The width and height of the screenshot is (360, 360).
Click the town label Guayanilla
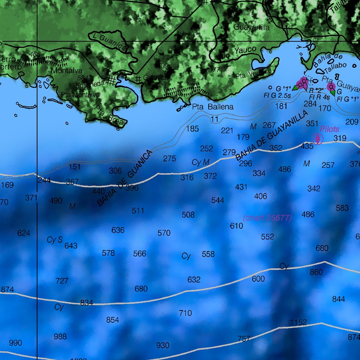point(251,27)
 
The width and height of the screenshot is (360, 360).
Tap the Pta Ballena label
point(213,107)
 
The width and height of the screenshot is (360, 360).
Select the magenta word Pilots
point(330,129)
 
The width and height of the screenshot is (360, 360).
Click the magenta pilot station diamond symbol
point(318,139)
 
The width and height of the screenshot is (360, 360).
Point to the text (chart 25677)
point(267,217)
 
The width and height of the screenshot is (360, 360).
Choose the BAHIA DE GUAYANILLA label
point(272,135)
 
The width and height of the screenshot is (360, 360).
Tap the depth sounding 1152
point(298,323)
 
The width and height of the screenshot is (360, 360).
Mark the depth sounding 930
point(163,345)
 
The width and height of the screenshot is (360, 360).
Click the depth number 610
point(236,226)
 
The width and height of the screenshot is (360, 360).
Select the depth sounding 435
point(307,146)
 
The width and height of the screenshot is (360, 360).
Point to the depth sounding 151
point(75,167)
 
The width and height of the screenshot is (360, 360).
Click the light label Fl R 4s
point(319,97)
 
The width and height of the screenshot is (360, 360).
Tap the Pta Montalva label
point(80,95)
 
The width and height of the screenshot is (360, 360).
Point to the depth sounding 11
point(215,119)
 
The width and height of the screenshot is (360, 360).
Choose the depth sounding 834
point(87,303)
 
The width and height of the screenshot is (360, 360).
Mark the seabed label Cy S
point(55,240)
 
